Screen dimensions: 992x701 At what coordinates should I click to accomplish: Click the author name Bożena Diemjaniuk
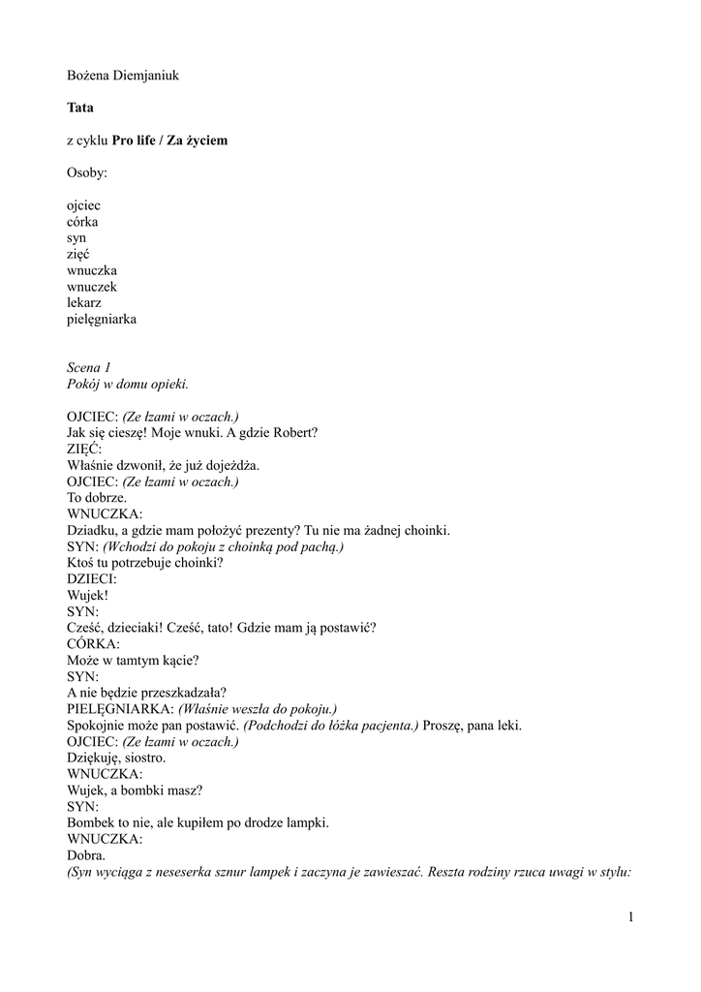123,75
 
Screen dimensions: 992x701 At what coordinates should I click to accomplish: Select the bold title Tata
80,108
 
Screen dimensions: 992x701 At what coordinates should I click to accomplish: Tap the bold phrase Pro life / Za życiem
169,140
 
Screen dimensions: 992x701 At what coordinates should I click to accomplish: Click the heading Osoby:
87,172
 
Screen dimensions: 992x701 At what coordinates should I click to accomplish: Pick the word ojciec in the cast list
83,205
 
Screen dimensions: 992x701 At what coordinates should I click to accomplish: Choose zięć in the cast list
78,254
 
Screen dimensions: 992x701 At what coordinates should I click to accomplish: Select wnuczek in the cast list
92,287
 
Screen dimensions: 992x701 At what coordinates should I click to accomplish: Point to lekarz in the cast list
84,302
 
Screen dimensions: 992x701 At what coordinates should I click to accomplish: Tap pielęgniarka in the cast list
102,319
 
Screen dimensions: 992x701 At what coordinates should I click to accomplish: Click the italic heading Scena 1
90,367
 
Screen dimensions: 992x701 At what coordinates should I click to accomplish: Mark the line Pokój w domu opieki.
121,384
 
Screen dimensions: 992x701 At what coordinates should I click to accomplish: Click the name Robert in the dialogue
300,432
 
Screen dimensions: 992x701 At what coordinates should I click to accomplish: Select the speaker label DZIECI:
92,578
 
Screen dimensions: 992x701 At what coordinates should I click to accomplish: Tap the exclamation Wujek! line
87,595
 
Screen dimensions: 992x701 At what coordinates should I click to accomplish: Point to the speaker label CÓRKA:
94,643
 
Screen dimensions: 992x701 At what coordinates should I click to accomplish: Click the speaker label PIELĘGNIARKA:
120,708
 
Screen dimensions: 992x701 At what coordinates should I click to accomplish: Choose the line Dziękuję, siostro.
116,757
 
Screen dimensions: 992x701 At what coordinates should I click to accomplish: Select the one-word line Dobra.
85,854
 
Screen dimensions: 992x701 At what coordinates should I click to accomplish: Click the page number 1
629,917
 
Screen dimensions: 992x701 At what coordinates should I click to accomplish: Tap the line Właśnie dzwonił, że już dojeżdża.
163,464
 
